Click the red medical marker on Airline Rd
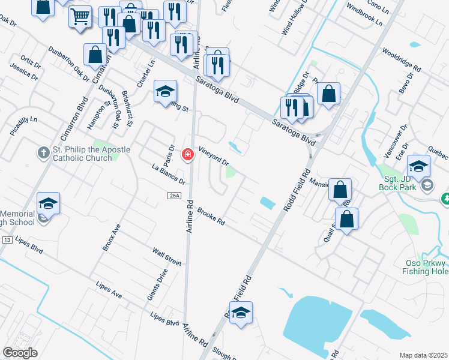[x=187, y=155]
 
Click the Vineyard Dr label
[x=214, y=158]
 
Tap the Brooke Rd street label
[x=211, y=217]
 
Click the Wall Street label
[x=166, y=256]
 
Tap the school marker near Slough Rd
[x=241, y=313]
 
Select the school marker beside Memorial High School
[x=48, y=203]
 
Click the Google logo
[x=20, y=353]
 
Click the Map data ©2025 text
[x=423, y=355]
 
